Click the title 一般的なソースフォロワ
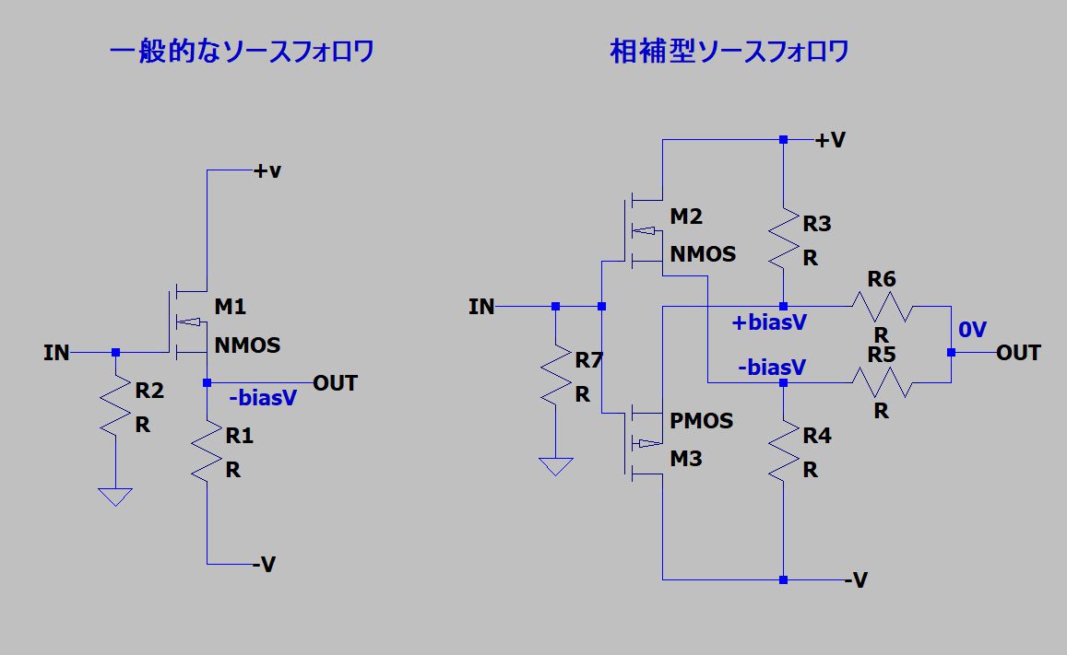click(242, 51)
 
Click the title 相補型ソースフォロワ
click(729, 51)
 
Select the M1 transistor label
click(230, 306)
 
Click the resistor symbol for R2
click(115, 404)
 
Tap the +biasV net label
click(769, 322)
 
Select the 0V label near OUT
click(972, 330)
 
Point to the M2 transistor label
click(686, 216)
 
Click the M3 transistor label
click(686, 458)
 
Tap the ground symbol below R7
click(556, 466)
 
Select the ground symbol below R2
click(115, 497)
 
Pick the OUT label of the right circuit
click(1018, 353)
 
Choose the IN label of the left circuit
click(56, 352)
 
